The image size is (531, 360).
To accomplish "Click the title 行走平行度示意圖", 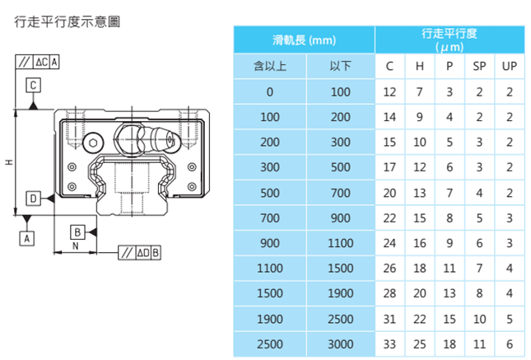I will pos(68,21).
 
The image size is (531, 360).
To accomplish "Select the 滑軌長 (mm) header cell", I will pos(305,40).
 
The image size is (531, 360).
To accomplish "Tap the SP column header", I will pos(480,66).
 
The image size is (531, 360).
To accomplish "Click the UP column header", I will pos(510,66).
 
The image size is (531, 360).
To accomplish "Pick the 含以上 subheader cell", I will pos(270,66).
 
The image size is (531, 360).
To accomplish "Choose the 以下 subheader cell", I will pos(340,66).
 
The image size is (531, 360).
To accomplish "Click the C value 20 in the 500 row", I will pos(389,193).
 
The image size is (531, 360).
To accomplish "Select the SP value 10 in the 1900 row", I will pos(480,319).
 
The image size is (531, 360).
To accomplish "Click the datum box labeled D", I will pos(33,199).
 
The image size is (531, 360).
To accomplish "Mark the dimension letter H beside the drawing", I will pos(7,162).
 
